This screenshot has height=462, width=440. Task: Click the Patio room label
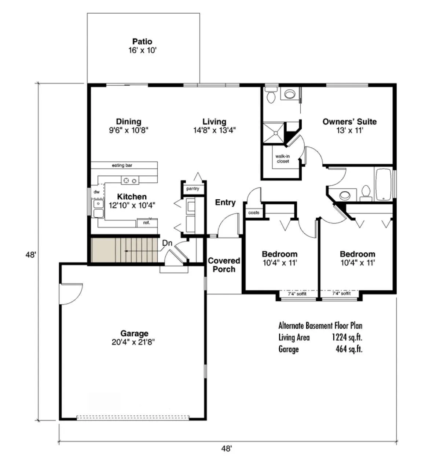coord(142,42)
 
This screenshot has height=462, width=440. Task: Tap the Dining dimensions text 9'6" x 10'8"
coord(128,130)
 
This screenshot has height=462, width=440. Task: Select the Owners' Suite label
coord(349,122)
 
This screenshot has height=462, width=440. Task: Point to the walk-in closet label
coord(283,159)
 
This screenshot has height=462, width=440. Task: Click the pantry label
coord(192,189)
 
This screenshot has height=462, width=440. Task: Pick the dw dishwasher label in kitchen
coord(96,192)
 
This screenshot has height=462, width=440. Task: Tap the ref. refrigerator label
coord(147,222)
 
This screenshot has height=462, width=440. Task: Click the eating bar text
coord(122,166)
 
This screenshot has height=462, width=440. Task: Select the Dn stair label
coord(167,243)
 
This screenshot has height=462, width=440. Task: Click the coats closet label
coord(254,212)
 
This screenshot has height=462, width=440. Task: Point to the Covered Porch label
coord(224,265)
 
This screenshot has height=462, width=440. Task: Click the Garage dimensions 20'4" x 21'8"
coord(133,342)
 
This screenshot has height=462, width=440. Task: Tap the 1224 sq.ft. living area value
coord(347,337)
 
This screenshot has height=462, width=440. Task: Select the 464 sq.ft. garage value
coord(349,349)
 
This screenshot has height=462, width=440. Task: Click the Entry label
coord(225,203)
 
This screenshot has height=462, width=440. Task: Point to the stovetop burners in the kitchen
coord(130,180)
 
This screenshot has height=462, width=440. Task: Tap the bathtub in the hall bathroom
coord(384,185)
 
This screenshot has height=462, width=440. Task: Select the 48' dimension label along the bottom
coord(227,448)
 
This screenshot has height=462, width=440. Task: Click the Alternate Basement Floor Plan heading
coord(320,326)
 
